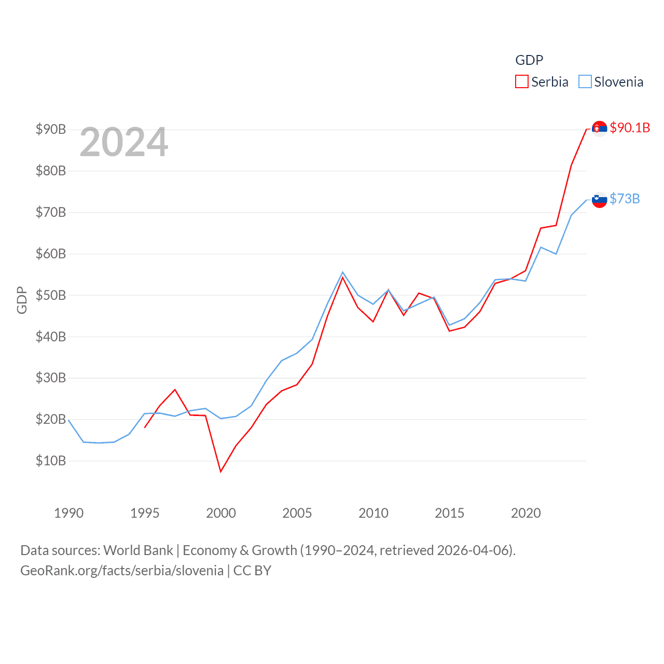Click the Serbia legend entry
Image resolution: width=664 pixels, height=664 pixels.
click(x=542, y=82)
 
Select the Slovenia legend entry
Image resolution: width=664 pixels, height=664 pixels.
click(x=611, y=82)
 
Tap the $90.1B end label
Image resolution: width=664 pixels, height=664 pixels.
click(x=630, y=128)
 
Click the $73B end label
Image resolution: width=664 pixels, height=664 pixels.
click(x=625, y=199)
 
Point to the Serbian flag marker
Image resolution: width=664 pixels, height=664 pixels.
click(x=599, y=128)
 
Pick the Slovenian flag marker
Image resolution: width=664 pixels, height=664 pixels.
click(x=599, y=200)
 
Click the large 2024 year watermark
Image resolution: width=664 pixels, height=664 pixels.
click(x=123, y=142)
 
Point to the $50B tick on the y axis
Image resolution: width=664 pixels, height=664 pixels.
click(x=51, y=295)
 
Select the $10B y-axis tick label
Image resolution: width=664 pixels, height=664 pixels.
click(x=51, y=461)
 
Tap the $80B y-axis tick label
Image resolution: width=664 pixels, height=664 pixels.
click(x=51, y=171)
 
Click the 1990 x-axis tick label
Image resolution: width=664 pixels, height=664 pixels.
click(x=68, y=513)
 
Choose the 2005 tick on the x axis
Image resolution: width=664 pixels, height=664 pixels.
click(x=297, y=513)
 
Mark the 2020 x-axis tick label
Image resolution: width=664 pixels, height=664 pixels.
click(x=525, y=513)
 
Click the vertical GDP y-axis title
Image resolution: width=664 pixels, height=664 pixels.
click(x=22, y=300)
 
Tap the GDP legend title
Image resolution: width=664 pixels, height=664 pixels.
click(x=529, y=60)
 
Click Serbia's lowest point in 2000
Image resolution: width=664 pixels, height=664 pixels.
click(x=220, y=471)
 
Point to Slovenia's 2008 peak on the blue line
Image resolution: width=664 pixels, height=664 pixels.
click(x=342, y=272)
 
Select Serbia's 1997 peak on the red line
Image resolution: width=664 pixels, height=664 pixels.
click(x=175, y=390)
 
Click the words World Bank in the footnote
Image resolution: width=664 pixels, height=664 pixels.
click(x=139, y=550)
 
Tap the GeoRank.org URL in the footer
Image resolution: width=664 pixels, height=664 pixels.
click(x=122, y=571)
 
